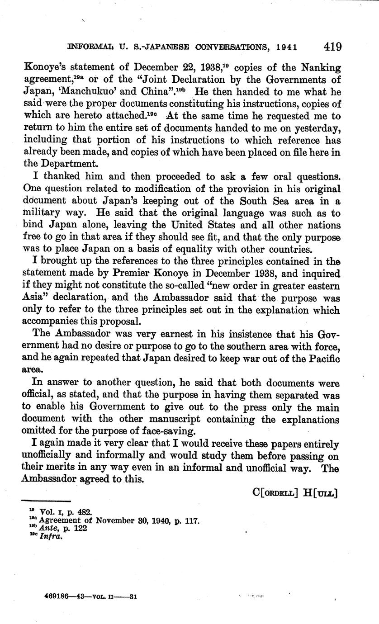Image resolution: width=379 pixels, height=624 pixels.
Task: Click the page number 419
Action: tap(332, 47)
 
